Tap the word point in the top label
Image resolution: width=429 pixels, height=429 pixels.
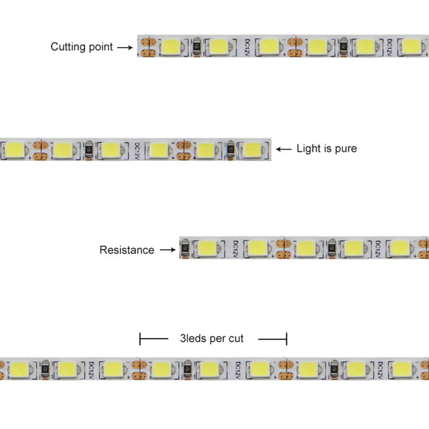coord(100,47)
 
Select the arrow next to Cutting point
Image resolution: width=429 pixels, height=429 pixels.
coord(124,47)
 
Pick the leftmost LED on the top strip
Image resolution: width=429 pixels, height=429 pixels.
coord(172,46)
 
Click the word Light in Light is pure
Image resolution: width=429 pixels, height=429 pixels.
coord(308,149)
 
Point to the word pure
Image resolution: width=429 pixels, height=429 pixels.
coord(345,149)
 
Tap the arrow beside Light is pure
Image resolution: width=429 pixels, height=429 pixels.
coord(284,149)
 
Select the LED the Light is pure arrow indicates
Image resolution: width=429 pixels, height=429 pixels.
coord(252,149)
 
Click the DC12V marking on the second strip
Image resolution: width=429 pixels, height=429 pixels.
coord(137,149)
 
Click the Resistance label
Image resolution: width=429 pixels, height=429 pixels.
coord(127,250)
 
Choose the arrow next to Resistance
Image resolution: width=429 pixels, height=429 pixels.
coord(168,250)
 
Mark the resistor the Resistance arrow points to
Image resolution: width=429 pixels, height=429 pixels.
coord(185,249)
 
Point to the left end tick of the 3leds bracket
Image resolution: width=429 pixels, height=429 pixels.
coord(140,338)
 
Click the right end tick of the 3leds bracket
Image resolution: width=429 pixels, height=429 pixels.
coord(287,338)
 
